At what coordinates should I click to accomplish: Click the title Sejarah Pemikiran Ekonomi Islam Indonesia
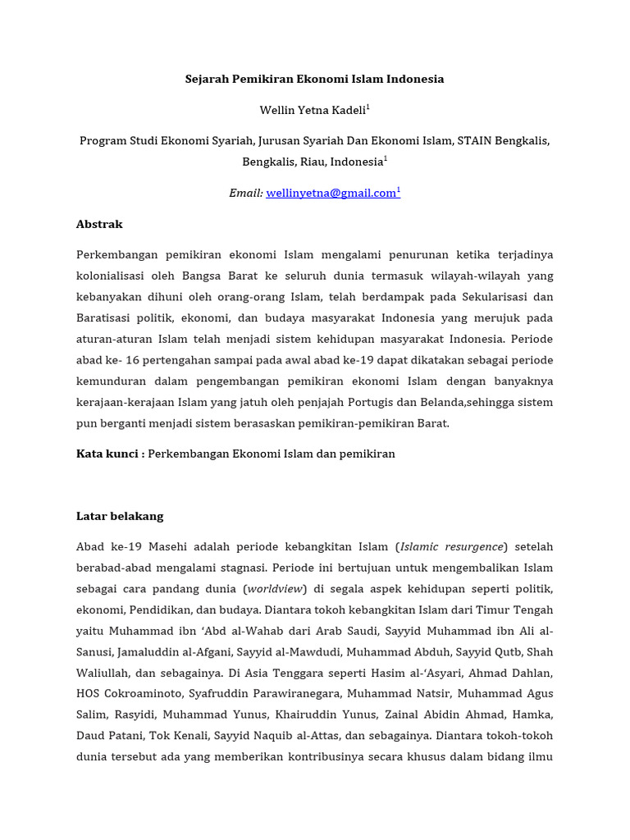(314, 80)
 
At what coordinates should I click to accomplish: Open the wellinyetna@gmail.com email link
(331, 194)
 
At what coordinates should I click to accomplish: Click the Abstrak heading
(99, 224)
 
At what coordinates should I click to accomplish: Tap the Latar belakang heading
(120, 516)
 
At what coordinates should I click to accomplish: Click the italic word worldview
(276, 589)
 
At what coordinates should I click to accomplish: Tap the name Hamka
(535, 714)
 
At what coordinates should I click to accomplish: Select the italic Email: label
(245, 194)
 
